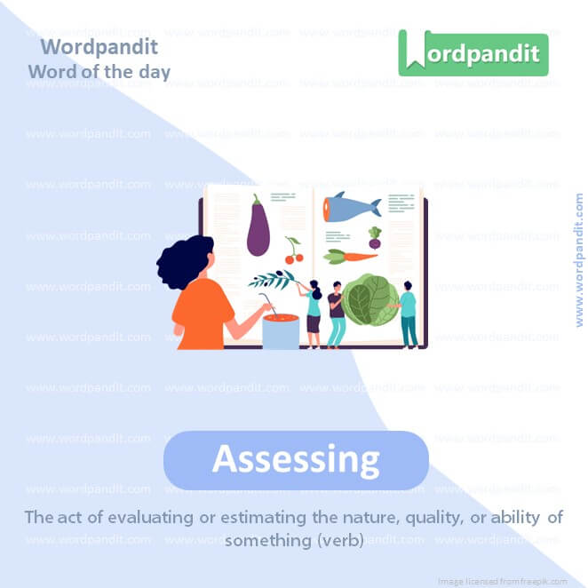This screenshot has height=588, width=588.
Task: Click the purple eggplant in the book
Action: point(258,228)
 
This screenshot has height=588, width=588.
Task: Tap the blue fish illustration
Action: point(351,206)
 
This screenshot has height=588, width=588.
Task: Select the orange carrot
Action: point(351,257)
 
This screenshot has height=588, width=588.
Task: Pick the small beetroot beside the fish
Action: point(375,238)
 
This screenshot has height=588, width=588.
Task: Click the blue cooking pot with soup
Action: point(280,330)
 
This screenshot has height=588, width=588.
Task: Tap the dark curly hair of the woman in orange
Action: point(185,262)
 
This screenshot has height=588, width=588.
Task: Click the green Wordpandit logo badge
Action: point(473,52)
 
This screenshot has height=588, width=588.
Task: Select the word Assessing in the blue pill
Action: point(296,459)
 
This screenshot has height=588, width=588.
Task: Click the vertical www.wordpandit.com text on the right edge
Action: point(579,260)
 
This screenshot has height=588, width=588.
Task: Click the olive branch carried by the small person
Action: point(271,280)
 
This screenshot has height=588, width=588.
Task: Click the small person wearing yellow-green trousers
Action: point(337,316)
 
